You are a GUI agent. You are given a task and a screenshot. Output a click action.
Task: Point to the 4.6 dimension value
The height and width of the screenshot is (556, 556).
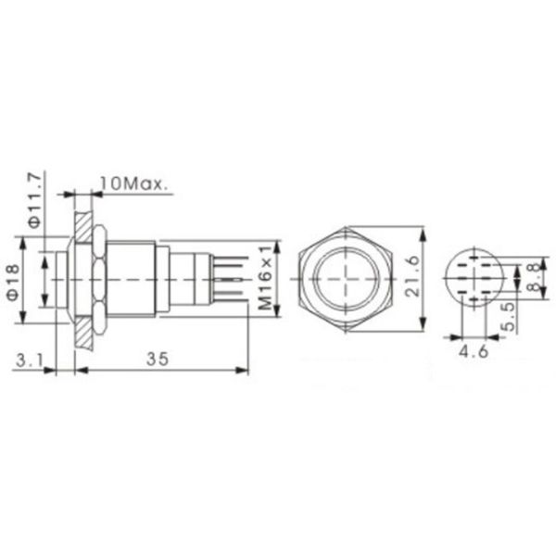pos(474,353)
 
